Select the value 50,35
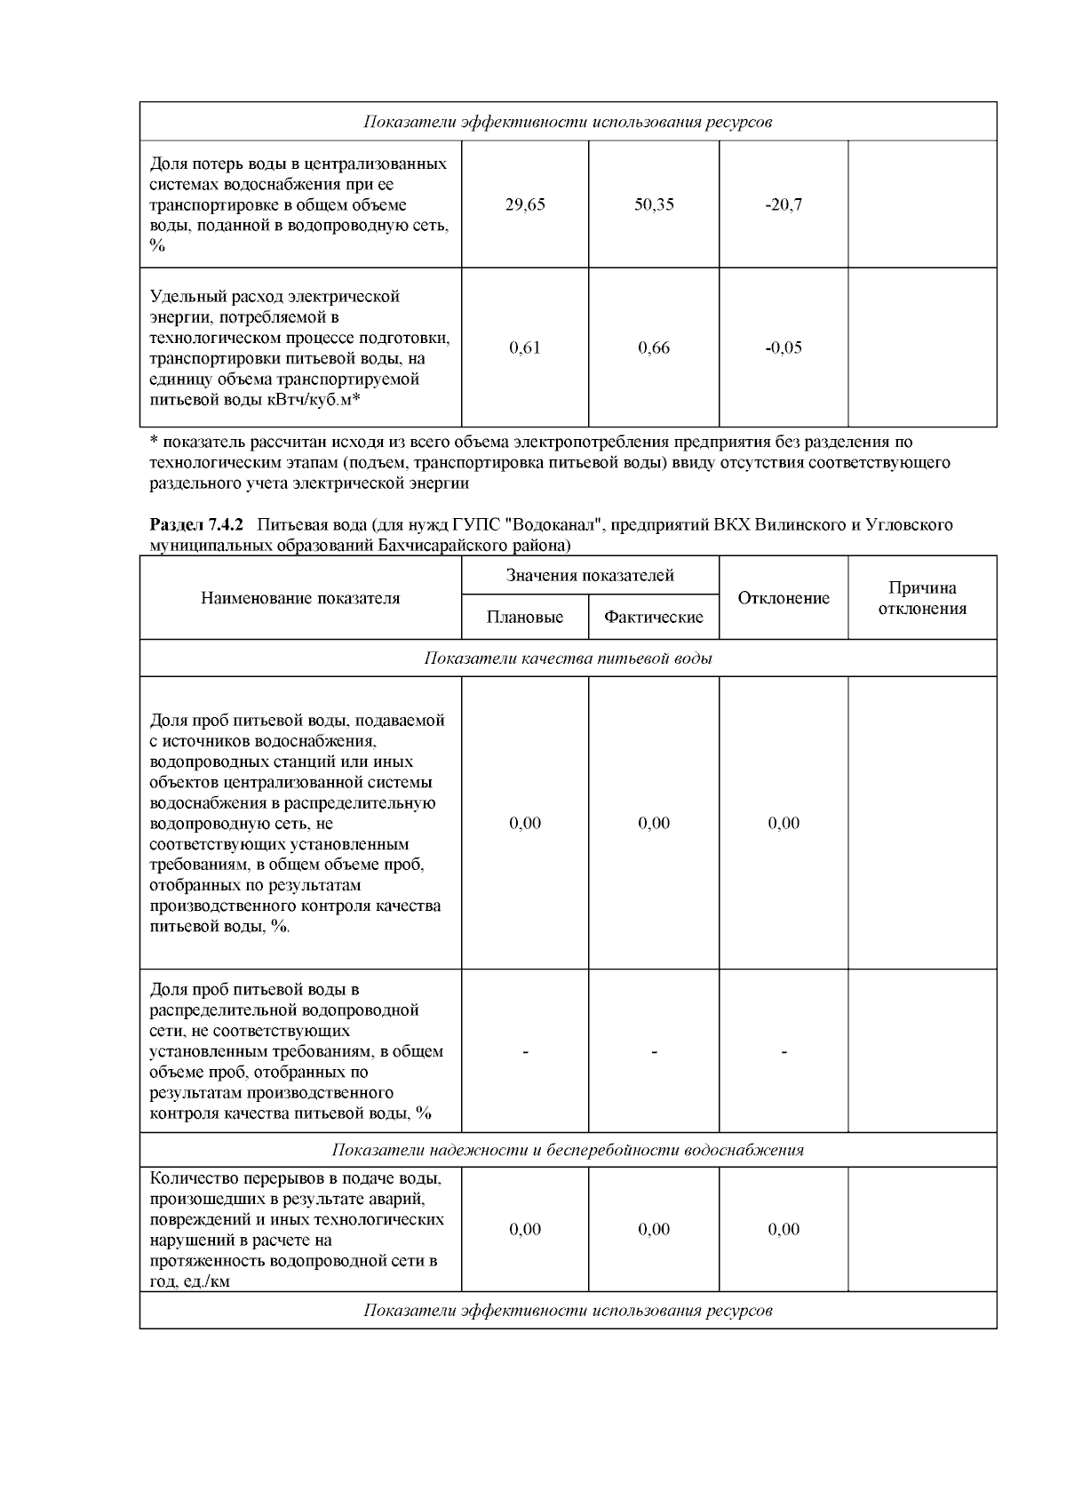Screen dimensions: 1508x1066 [x=654, y=205]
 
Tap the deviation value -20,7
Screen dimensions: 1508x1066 [x=784, y=205]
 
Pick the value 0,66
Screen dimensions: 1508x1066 [x=654, y=348]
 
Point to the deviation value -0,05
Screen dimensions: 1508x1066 [x=784, y=348]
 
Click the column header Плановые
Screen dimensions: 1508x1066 [x=524, y=618]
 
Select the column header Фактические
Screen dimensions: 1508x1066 [x=654, y=618]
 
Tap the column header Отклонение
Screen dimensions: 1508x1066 [x=784, y=598]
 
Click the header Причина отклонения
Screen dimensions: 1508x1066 [x=922, y=598]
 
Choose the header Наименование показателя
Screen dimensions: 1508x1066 [x=300, y=598]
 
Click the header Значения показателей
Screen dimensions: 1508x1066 [x=590, y=576]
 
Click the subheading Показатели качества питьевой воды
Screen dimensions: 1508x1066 [x=568, y=658]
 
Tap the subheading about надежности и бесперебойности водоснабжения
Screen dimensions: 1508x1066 [x=568, y=1150]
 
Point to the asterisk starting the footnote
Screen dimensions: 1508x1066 [x=154, y=442]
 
